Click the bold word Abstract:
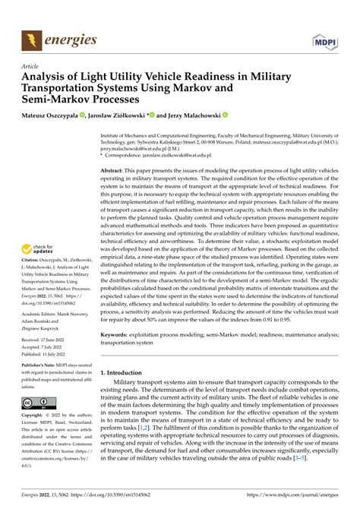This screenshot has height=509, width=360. pyautogui.click(x=116, y=172)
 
